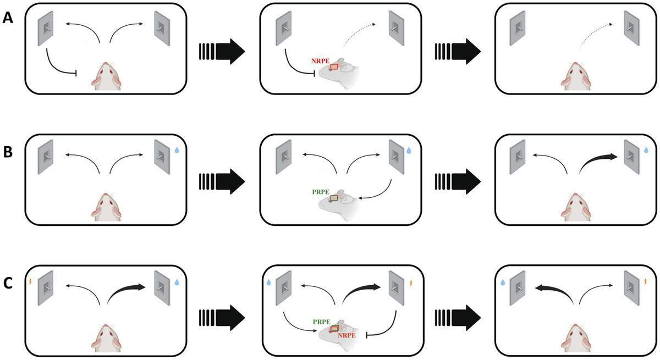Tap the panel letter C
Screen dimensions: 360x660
(x=8, y=284)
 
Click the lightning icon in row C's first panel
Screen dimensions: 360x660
(x=30, y=283)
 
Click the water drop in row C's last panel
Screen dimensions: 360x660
(x=503, y=282)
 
